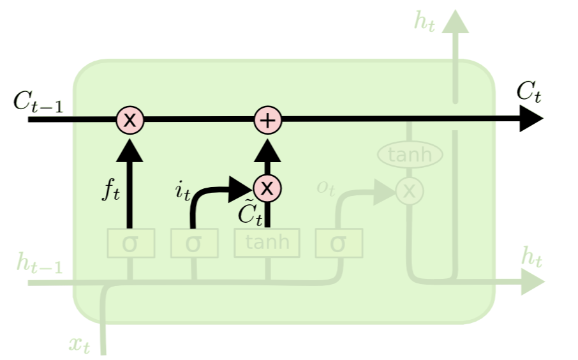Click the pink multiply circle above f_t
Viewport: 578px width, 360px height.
tap(130, 119)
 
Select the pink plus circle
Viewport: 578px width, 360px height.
tap(268, 119)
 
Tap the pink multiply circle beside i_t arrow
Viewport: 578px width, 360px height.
tap(268, 188)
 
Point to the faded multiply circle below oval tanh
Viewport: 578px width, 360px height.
tap(410, 190)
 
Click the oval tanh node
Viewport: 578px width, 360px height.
tap(410, 154)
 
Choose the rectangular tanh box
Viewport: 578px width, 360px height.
tap(267, 243)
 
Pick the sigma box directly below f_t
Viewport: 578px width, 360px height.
tap(130, 243)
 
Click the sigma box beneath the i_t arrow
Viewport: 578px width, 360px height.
tap(194, 243)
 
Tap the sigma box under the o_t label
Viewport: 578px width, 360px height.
tap(339, 243)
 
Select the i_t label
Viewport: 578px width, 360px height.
tap(182, 192)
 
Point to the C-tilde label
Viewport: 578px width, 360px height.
tap(249, 214)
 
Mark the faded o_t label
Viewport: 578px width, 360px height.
tap(325, 188)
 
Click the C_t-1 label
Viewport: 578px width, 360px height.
tap(40, 102)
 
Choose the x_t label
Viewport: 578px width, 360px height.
tap(80, 345)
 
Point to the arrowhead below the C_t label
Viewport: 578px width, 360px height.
tap(533, 119)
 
